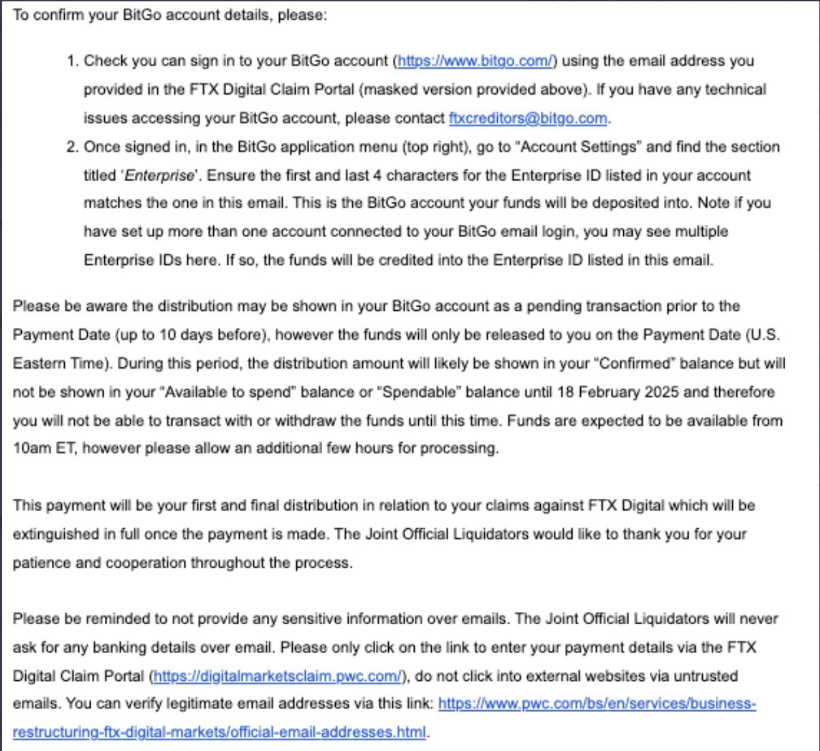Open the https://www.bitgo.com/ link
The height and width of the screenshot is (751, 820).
pos(475,61)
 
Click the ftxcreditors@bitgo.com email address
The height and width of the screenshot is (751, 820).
pos(528,118)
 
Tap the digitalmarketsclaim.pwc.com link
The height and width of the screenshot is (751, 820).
pos(278,676)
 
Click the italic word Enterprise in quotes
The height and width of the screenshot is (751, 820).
pos(159,175)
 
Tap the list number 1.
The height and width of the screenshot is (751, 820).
pos(73,61)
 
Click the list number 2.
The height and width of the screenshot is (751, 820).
pos(73,147)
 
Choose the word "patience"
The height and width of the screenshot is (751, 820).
pos(38,563)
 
